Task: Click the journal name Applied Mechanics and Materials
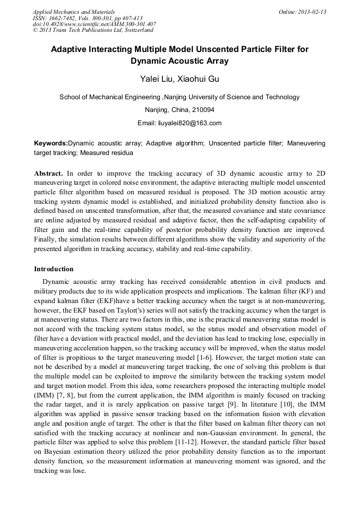tap(73, 12)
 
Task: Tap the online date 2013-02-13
tap(313, 12)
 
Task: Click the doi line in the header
tap(94, 24)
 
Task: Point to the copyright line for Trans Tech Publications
tap(89, 30)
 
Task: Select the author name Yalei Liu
tap(157, 79)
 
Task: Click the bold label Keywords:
tap(51, 143)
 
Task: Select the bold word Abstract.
tap(48, 173)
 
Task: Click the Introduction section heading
tap(54, 269)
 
